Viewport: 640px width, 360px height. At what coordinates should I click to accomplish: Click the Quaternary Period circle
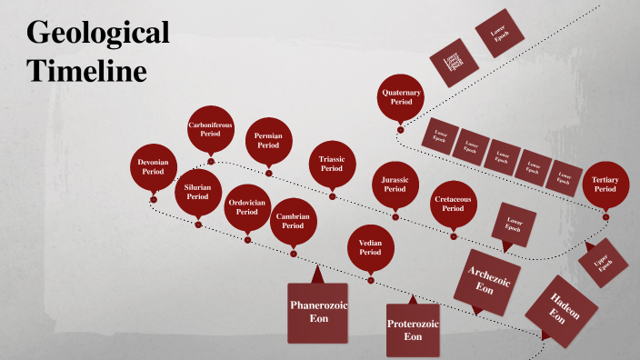pos(402,96)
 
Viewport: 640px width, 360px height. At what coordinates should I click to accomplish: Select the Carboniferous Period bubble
pos(211,128)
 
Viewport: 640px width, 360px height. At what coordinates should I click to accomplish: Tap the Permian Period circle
pos(268,140)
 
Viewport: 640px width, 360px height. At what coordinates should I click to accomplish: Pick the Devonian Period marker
pos(153,166)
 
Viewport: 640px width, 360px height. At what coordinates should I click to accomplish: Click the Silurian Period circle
pos(198,191)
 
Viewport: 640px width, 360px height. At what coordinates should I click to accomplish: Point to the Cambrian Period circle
pos(293,220)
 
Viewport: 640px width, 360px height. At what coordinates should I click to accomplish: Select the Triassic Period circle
pos(332,164)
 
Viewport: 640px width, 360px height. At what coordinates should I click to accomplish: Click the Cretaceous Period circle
pos(453,204)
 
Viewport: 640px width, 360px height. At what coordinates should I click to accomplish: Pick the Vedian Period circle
pos(370,246)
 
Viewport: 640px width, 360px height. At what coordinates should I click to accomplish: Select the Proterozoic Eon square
pos(413,329)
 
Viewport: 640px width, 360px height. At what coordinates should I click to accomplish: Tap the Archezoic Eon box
pos(486,281)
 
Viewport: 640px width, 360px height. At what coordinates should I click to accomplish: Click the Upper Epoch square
pos(602,264)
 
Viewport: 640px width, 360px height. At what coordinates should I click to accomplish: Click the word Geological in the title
pos(97,34)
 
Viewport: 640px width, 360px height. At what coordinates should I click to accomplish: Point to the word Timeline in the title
pos(86,70)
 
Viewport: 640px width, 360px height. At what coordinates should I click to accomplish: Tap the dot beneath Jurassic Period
pos(395,216)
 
